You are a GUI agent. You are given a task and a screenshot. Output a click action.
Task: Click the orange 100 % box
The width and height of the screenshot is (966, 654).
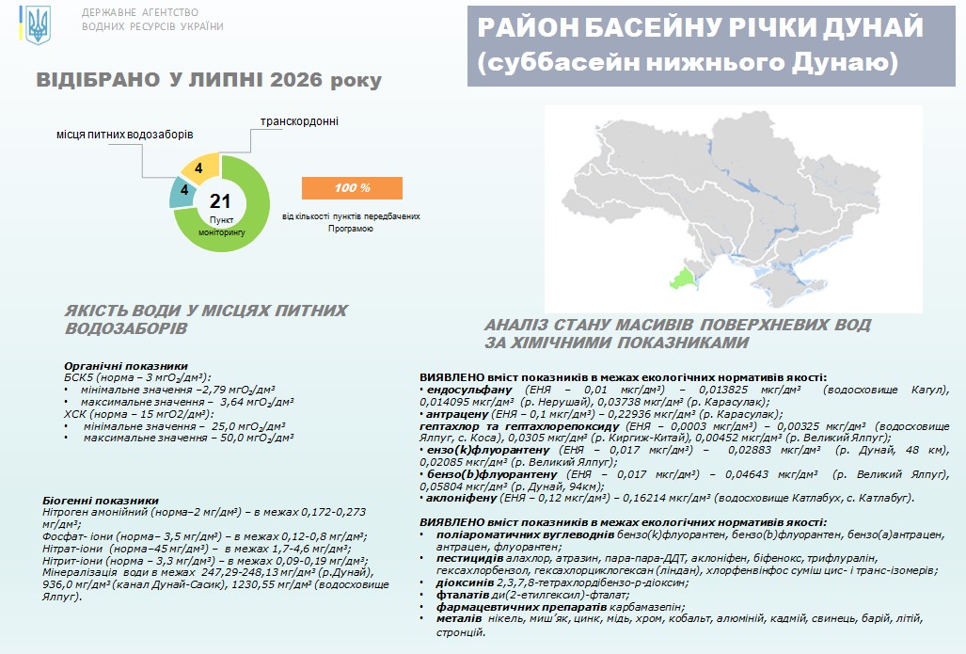[x=352, y=188]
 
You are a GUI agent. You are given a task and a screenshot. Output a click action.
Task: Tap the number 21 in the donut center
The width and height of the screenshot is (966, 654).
[x=220, y=201]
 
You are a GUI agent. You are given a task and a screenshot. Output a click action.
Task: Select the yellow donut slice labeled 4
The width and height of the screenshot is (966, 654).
[x=199, y=168]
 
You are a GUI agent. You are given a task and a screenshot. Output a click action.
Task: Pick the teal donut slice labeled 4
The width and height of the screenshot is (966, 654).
[x=182, y=192]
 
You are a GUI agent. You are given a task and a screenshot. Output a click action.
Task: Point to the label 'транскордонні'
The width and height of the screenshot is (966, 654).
[x=299, y=121]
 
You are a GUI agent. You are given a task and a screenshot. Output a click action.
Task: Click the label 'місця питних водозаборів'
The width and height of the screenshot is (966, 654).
[x=124, y=135]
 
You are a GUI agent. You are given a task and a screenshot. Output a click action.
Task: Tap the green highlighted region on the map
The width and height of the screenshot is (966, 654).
[x=683, y=279]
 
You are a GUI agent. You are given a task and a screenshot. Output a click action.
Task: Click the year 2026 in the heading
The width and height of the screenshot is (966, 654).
[x=296, y=80]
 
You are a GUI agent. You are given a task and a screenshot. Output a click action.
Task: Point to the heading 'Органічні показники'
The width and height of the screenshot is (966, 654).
[x=126, y=366]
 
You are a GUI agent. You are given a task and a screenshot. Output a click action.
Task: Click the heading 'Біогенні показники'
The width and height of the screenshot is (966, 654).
[x=101, y=501]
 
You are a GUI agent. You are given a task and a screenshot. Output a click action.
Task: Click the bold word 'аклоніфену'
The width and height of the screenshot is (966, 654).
[x=461, y=498]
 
